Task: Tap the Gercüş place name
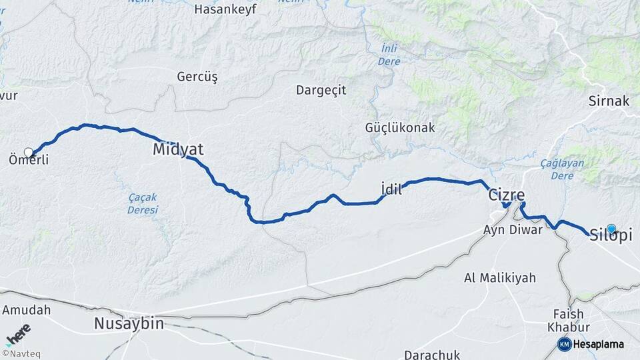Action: click(x=197, y=77)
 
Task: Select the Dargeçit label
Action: click(x=321, y=91)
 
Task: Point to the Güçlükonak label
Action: click(x=400, y=127)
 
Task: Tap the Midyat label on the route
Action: click(x=178, y=149)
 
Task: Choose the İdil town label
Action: click(x=391, y=189)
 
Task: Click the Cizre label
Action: click(x=507, y=195)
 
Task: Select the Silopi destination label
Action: click(x=611, y=236)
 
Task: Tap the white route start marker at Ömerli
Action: click(x=29, y=152)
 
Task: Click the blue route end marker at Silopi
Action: click(x=611, y=229)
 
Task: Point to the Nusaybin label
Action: click(x=129, y=324)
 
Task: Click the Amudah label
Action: click(x=27, y=310)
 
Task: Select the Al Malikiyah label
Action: click(x=500, y=278)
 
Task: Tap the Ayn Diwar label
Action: click(x=513, y=231)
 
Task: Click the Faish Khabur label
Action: click(x=568, y=321)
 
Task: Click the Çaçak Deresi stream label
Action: click(x=143, y=203)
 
